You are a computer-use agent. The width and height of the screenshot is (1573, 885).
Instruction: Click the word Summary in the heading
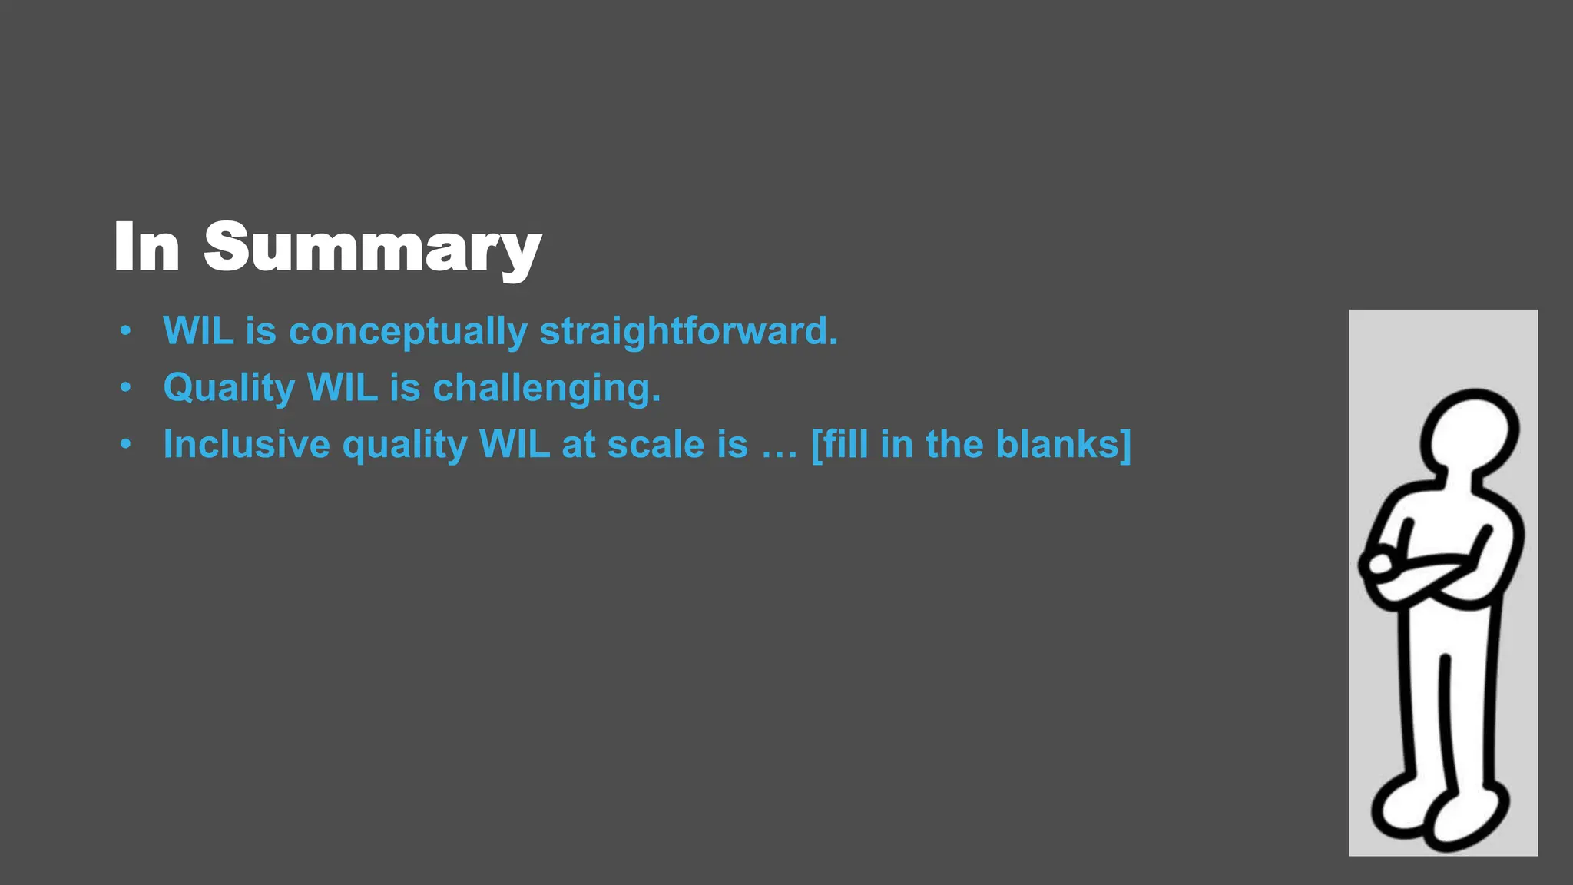point(373,247)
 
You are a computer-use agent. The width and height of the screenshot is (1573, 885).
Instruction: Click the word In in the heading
point(147,247)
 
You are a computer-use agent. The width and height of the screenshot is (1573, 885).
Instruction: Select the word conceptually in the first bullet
point(408,332)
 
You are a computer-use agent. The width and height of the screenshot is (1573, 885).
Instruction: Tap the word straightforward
point(688,332)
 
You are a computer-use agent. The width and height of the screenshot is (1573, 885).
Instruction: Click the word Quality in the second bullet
point(229,388)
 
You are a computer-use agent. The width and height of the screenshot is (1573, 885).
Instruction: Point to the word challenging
point(546,388)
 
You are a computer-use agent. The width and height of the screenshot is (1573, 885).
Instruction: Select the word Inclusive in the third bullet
point(246,444)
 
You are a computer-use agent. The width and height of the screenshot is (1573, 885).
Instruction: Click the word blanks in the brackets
point(1063,444)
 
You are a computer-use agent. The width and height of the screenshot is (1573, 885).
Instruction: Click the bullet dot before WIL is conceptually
point(125,332)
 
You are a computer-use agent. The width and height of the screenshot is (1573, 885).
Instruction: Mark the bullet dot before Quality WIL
point(125,388)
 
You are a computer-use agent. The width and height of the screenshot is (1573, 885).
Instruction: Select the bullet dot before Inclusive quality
point(125,444)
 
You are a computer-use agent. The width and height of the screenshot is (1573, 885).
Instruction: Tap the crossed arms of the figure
point(1429,572)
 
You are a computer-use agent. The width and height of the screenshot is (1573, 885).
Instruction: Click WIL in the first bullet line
point(197,332)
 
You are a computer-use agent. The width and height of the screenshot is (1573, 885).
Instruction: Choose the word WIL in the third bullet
point(514,444)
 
